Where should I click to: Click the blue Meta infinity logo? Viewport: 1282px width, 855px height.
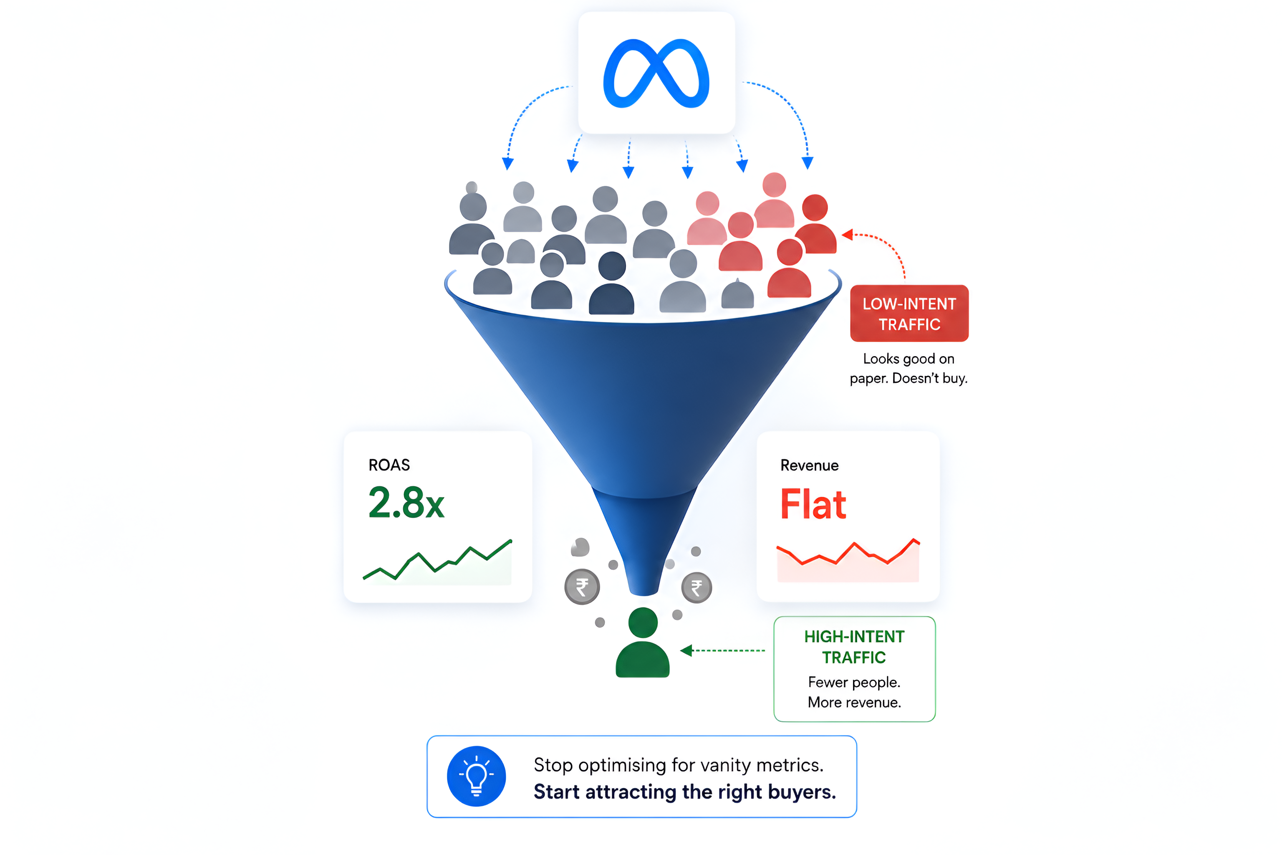(x=656, y=73)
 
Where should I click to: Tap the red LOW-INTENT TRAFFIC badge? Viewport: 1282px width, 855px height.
(x=909, y=314)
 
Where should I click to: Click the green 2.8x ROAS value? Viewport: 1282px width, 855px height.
(x=406, y=502)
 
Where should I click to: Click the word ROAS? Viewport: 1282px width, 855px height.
(x=389, y=465)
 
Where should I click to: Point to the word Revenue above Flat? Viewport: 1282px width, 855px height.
(x=810, y=465)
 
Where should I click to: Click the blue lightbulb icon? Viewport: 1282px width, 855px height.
(x=477, y=776)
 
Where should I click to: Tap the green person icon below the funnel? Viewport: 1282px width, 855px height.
(x=643, y=643)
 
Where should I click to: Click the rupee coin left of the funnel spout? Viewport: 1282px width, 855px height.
(x=582, y=587)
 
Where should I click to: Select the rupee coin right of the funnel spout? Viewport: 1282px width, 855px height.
(x=697, y=588)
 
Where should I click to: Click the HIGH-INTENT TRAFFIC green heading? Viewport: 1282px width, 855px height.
(x=854, y=647)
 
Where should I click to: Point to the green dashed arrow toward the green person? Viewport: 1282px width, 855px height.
(x=723, y=650)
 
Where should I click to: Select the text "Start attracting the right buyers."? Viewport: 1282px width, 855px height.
(x=684, y=792)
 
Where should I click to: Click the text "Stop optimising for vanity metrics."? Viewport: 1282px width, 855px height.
(x=679, y=765)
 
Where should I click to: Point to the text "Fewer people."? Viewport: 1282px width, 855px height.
(x=854, y=682)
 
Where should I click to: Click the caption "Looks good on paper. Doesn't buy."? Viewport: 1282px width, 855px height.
(x=909, y=368)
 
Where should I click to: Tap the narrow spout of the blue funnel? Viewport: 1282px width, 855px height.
(x=644, y=545)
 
